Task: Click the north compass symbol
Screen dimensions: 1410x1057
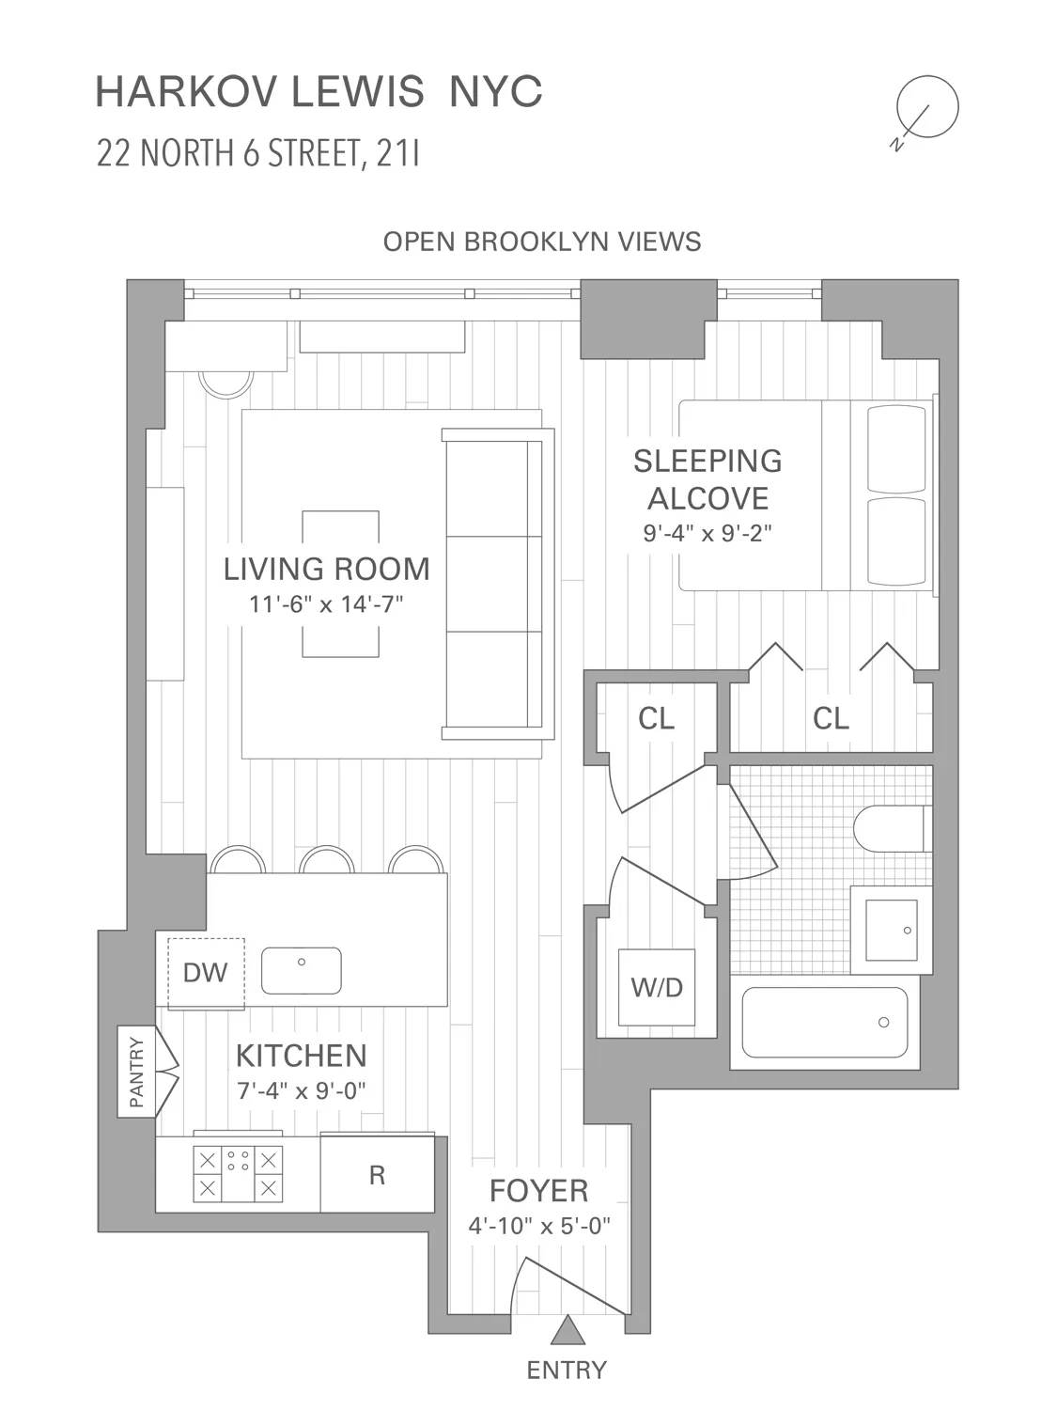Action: [x=926, y=107]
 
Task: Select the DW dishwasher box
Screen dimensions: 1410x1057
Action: [x=206, y=972]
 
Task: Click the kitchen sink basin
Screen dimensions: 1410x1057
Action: [x=301, y=970]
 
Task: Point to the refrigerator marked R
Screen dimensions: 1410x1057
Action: [x=377, y=1175]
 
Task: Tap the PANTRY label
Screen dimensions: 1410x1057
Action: [x=137, y=1071]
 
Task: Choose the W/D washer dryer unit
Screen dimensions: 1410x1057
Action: [x=657, y=987]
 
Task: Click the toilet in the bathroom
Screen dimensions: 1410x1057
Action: [x=891, y=828]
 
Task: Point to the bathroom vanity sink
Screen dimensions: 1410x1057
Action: [x=891, y=930]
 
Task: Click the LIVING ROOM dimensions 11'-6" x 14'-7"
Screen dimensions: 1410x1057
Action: [x=326, y=603]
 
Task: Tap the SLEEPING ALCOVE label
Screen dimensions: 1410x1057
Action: [x=707, y=479]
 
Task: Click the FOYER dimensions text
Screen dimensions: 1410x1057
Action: [x=539, y=1226]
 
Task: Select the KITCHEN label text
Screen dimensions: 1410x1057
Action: [x=301, y=1056]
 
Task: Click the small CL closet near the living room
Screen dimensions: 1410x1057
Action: [x=656, y=718]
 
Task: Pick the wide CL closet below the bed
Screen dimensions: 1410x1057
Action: [x=831, y=718]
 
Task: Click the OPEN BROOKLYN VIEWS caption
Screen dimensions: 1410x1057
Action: [x=542, y=242]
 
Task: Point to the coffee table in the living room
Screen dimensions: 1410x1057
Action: [x=341, y=583]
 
